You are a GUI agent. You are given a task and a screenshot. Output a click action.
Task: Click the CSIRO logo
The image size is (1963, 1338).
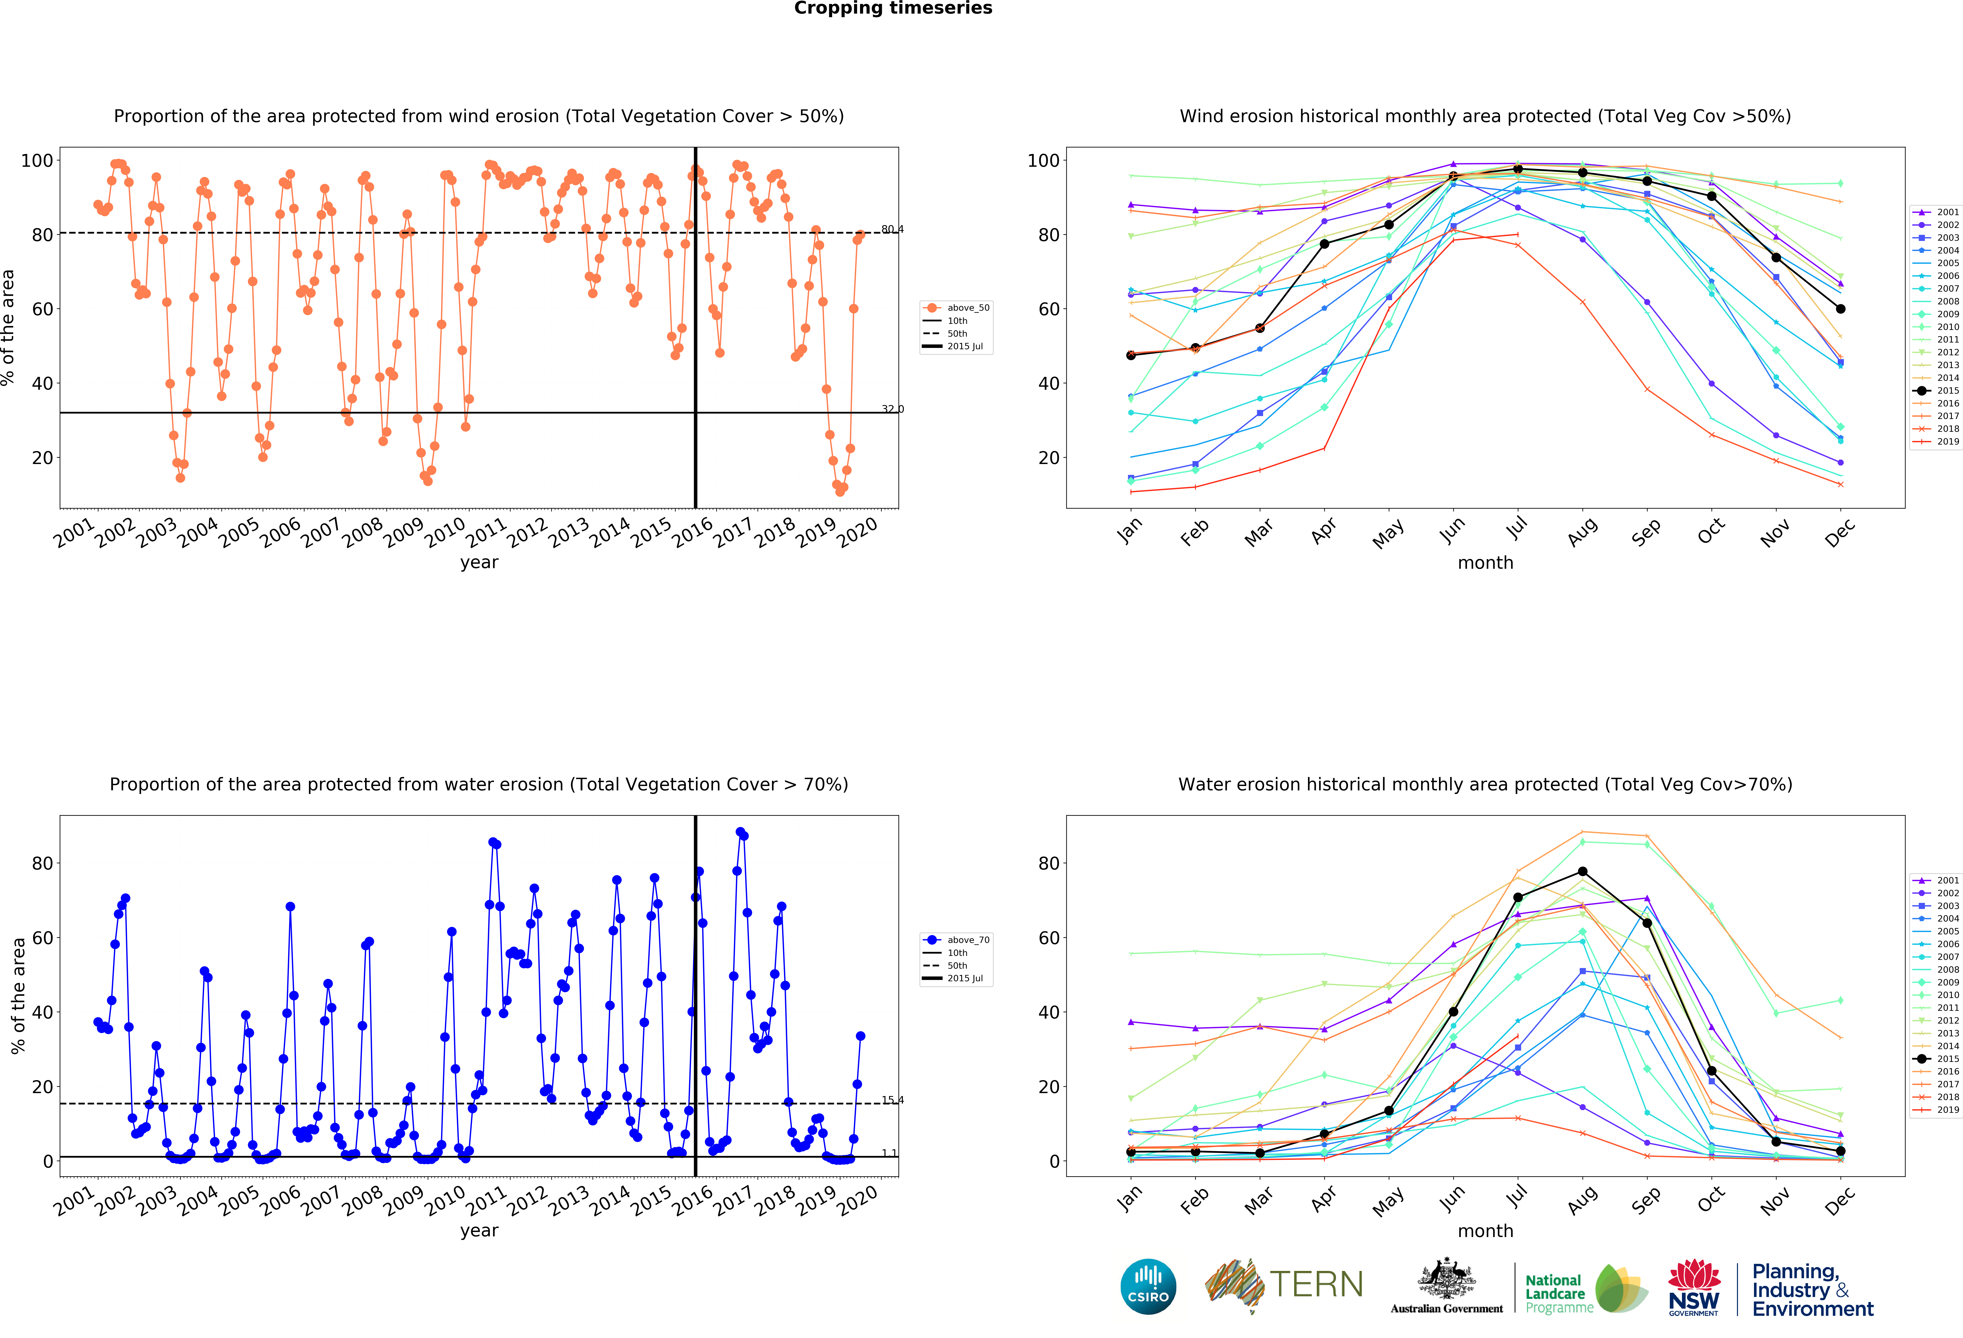(1148, 1286)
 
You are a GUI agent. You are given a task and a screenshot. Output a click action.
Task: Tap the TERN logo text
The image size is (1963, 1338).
(1316, 1285)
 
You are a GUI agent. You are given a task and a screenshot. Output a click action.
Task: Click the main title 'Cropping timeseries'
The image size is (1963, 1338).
(893, 8)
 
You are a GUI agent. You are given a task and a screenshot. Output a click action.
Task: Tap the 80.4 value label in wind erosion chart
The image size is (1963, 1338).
(892, 229)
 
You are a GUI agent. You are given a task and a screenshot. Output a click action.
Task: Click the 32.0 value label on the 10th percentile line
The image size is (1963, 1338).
(892, 409)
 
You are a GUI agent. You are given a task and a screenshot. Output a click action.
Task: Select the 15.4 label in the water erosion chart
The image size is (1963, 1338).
(892, 1100)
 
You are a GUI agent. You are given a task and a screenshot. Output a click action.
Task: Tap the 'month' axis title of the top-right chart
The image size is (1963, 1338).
(1485, 562)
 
